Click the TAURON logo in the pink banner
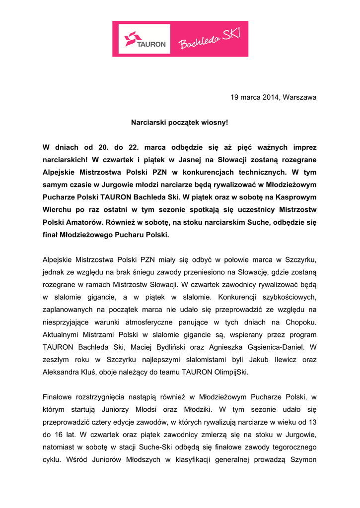(x=145, y=39)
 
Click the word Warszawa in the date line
(x=299, y=97)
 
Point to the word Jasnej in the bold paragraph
(x=193, y=160)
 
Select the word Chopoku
(x=301, y=322)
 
